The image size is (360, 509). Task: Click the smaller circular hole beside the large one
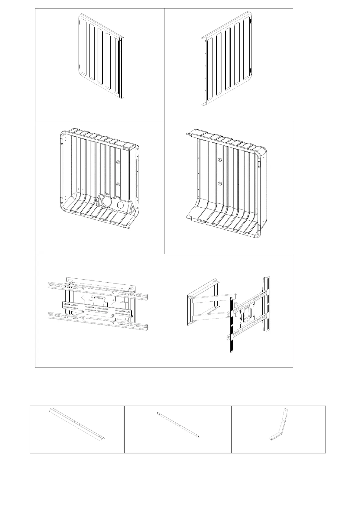pos(120,205)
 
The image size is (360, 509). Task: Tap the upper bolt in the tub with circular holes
pos(118,163)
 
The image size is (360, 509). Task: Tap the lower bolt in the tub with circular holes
pos(118,184)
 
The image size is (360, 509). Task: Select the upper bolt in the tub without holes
pos(220,159)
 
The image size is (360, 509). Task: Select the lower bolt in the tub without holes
pos(220,183)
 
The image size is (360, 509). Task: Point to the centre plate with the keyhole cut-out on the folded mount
pos(98,300)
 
